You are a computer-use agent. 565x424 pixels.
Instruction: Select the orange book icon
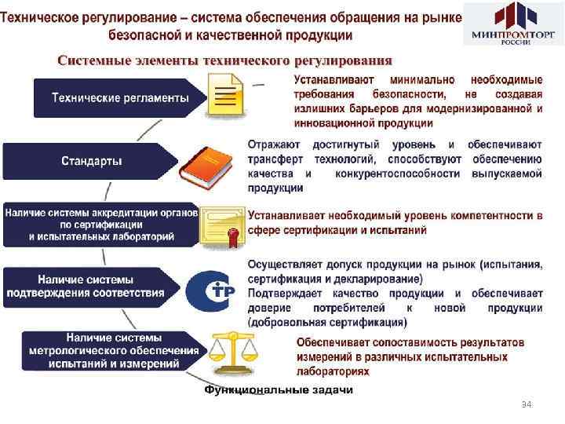[x=223, y=163]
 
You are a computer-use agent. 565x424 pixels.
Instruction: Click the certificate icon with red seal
[x=223, y=226]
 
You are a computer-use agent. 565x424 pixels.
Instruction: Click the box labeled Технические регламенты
[x=119, y=98]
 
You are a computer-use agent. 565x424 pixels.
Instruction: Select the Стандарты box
[x=92, y=162]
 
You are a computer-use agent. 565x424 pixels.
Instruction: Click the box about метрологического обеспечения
[x=115, y=350]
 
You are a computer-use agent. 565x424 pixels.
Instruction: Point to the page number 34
[x=527, y=404]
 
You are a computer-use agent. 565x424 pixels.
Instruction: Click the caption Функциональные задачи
[x=279, y=389]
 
